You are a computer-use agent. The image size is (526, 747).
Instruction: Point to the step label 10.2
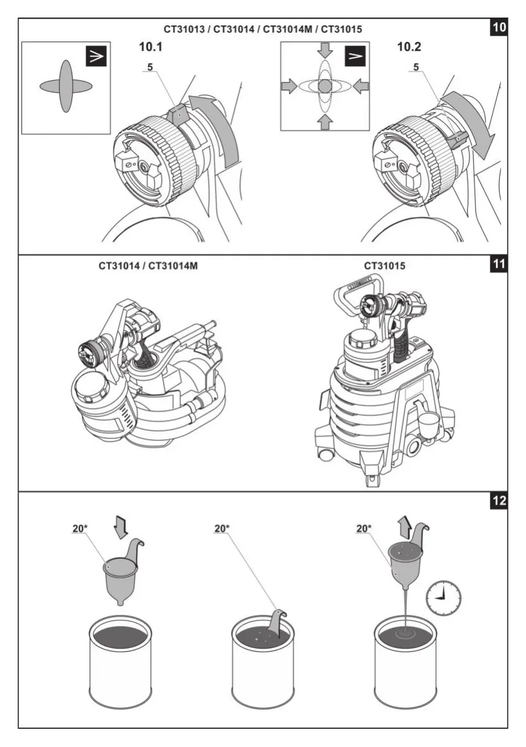pyautogui.click(x=411, y=46)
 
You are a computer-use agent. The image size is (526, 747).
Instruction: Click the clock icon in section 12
pyautogui.click(x=443, y=597)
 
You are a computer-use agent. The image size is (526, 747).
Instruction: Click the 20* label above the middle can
pyautogui.click(x=223, y=529)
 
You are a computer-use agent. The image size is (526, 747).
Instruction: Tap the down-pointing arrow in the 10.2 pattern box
pyautogui.click(x=325, y=51)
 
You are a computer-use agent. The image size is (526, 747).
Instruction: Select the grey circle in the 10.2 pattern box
pyautogui.click(x=325, y=86)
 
